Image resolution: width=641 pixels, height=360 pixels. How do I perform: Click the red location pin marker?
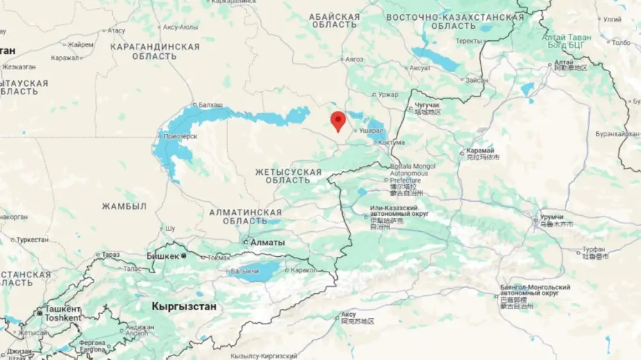pos(338,120)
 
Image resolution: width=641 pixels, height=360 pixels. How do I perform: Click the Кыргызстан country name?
pos(184,307)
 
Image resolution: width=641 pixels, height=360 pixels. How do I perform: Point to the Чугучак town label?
pos(428,105)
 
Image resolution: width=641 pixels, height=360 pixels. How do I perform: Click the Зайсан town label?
pos(476,80)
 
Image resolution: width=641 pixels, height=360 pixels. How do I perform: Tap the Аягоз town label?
pos(354,60)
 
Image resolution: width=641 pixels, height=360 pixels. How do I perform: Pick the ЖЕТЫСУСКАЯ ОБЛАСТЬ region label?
pos(288,176)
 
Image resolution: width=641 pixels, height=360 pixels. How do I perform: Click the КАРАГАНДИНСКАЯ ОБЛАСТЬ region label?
pos(154,51)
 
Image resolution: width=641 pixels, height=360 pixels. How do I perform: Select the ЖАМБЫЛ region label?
pos(124,206)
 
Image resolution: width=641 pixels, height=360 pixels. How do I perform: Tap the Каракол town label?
pos(303,270)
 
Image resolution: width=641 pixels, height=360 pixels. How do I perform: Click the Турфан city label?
pos(594,249)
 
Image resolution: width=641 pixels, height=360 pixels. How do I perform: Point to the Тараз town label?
pos(110,254)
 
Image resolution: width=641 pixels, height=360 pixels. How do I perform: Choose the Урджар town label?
pos(388,95)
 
